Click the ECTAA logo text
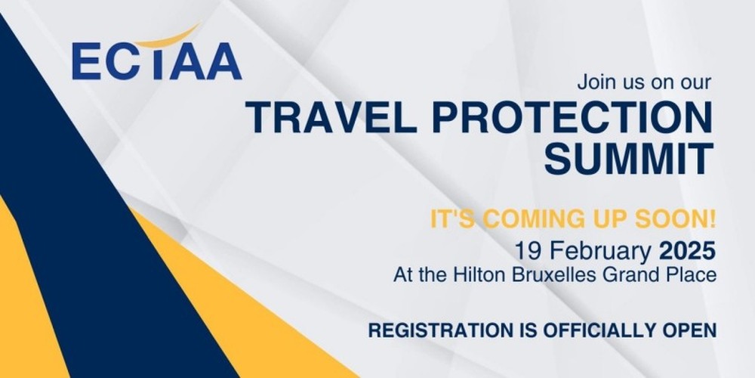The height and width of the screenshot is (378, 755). tap(156, 61)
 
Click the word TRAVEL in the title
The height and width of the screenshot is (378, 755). tap(331, 118)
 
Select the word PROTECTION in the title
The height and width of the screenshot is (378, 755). tap(572, 118)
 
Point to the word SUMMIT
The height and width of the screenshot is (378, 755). tap(628, 159)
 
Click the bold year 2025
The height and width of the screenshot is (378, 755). tap(687, 251)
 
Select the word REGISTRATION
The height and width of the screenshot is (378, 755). tap(441, 331)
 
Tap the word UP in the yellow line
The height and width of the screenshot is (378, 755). tap(606, 219)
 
